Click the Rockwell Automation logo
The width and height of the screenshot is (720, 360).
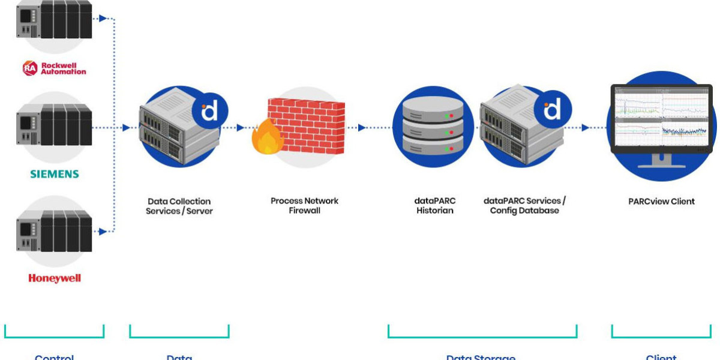pyautogui.click(x=54, y=68)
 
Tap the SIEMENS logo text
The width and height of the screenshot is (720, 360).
pyautogui.click(x=55, y=174)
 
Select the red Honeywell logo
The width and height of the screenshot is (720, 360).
pyautogui.click(x=54, y=278)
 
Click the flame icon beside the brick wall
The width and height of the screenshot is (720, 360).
pyautogui.click(x=268, y=139)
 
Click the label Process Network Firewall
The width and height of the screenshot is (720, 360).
pyautogui.click(x=304, y=206)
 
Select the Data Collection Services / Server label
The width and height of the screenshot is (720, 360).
pyautogui.click(x=179, y=206)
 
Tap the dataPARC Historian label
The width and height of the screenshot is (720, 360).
pyautogui.click(x=435, y=206)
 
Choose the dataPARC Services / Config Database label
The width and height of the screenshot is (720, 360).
pyautogui.click(x=524, y=206)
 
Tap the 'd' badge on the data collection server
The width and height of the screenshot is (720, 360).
pyautogui.click(x=208, y=112)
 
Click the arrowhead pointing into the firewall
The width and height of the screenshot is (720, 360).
pyautogui.click(x=240, y=128)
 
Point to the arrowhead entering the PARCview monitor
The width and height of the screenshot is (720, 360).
pyautogui.click(x=585, y=128)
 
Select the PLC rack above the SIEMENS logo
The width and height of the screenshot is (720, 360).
pyautogui.click(x=54, y=125)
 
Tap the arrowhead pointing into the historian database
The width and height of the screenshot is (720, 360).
pyautogui.click(x=362, y=128)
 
